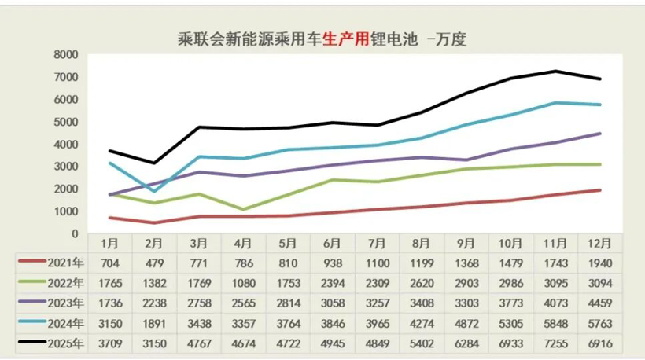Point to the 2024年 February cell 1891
tap(154, 323)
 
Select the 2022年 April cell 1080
tap(243, 283)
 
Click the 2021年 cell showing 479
tap(154, 263)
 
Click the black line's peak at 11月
tap(555, 72)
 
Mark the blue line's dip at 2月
tap(154, 191)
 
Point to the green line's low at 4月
tap(243, 210)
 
